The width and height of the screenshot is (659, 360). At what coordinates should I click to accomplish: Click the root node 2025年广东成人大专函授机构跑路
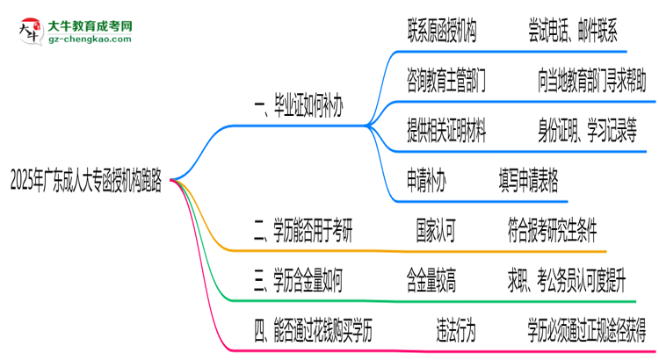pyautogui.click(x=85, y=181)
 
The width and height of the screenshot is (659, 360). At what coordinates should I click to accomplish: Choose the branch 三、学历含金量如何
pyautogui.click(x=298, y=281)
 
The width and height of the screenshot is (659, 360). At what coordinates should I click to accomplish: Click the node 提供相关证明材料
pyautogui.click(x=446, y=132)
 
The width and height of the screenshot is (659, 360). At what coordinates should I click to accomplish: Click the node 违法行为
pyautogui.click(x=456, y=331)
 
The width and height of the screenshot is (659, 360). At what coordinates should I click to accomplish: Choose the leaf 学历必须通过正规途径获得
pyautogui.click(x=587, y=331)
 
